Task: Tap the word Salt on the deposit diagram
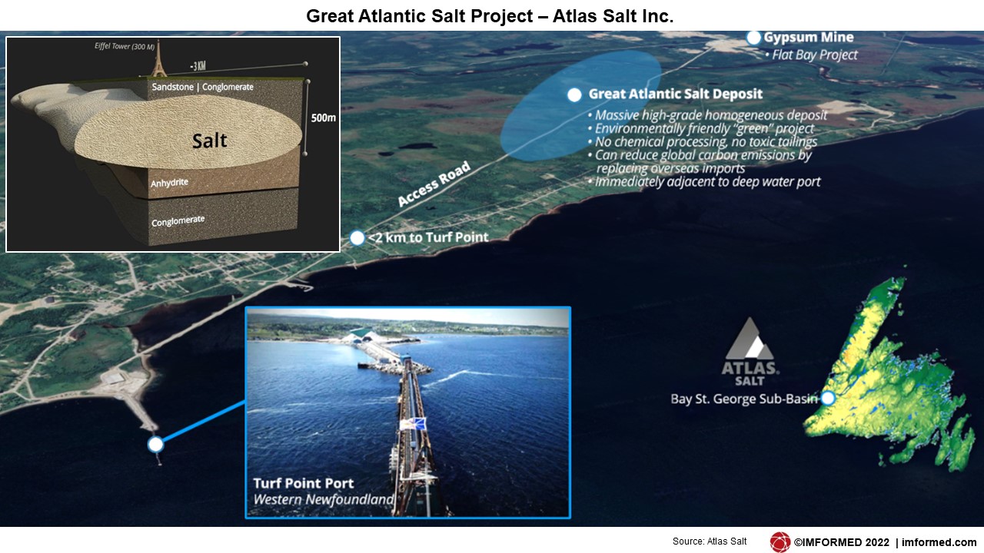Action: pyautogui.click(x=210, y=141)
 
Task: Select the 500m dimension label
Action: pyautogui.click(x=324, y=118)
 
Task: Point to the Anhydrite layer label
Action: pyautogui.click(x=169, y=182)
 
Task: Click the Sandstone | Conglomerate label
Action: pyautogui.click(x=202, y=87)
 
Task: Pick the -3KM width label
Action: pyautogui.click(x=198, y=66)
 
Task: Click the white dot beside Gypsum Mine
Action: pyautogui.click(x=753, y=38)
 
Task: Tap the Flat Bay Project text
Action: pyautogui.click(x=814, y=55)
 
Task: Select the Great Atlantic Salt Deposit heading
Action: pyautogui.click(x=675, y=94)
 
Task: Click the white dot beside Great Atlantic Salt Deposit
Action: pyautogui.click(x=574, y=94)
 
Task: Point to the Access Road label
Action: pyautogui.click(x=434, y=184)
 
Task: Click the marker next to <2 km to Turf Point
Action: pyautogui.click(x=357, y=238)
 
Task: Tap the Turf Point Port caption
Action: pyautogui.click(x=303, y=483)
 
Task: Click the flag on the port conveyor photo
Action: pyautogui.click(x=413, y=425)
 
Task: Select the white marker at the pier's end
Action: pyautogui.click(x=155, y=445)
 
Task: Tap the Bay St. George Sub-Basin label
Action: pyautogui.click(x=744, y=399)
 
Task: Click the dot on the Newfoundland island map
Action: pyautogui.click(x=828, y=398)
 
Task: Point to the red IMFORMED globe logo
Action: pyautogui.click(x=780, y=542)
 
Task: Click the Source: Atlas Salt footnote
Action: pyautogui.click(x=710, y=541)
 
